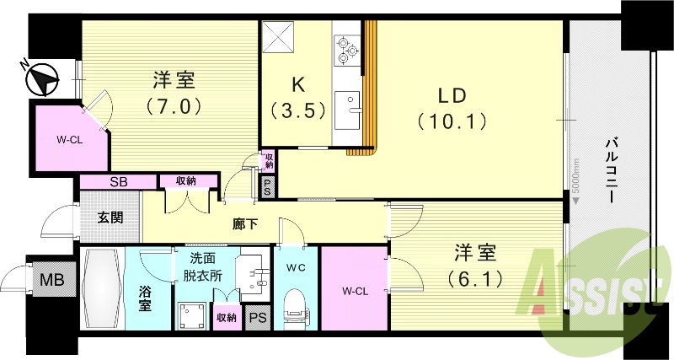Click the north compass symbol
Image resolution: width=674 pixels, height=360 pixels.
click(41, 81)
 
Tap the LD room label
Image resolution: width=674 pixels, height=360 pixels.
click(451, 107)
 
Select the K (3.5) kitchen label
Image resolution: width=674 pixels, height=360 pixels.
click(297, 98)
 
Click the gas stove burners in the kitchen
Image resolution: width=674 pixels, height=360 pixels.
click(346, 51)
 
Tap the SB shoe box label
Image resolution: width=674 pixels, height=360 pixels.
click(118, 181)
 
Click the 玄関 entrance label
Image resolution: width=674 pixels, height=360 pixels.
click(110, 217)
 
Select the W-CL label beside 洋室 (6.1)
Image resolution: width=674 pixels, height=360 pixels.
click(355, 292)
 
